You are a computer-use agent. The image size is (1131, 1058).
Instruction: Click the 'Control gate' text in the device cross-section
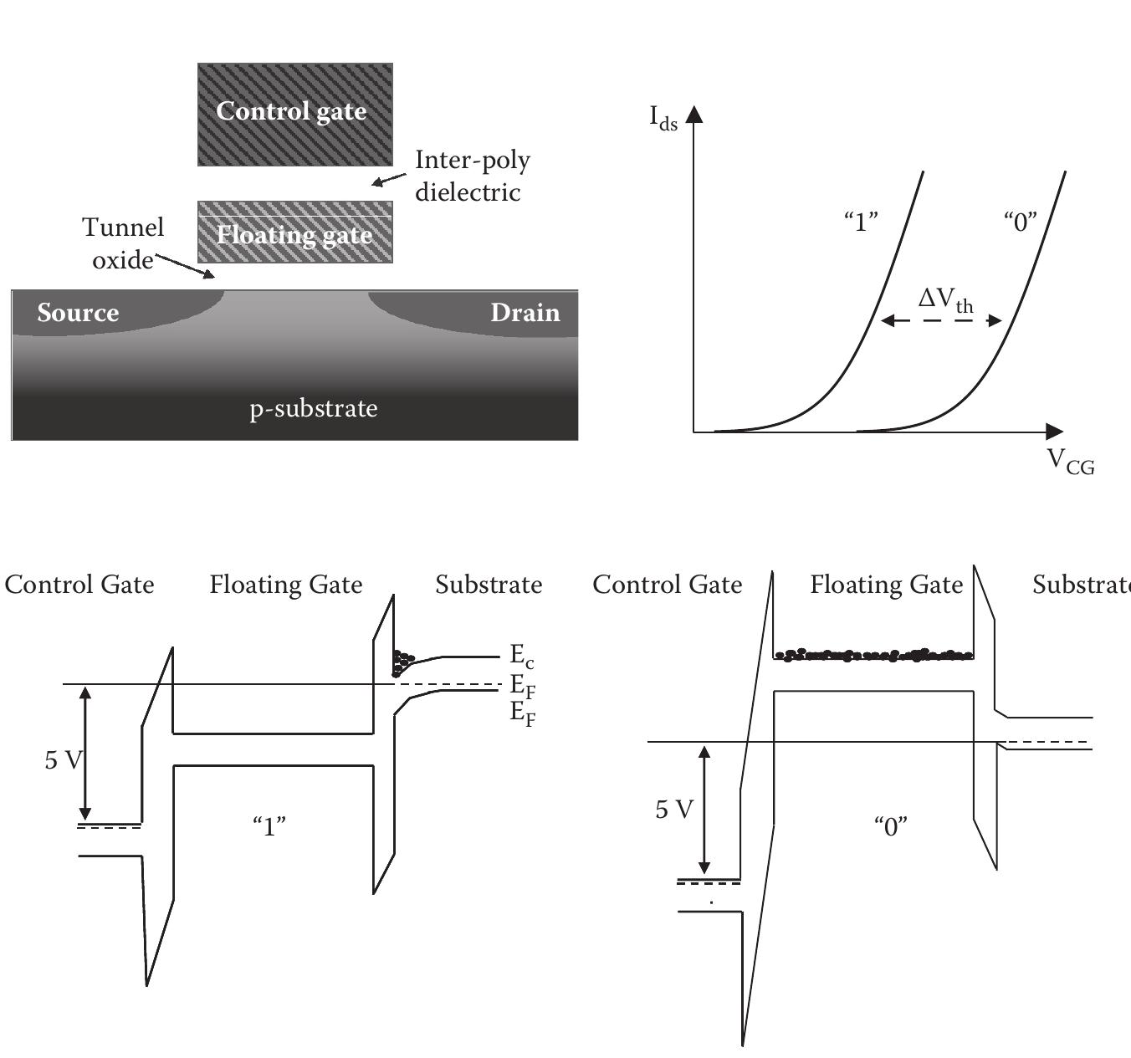pos(291,111)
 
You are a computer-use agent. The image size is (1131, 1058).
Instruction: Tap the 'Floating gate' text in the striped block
pos(294,235)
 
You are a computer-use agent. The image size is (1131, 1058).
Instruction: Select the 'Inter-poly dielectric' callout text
pos(472,176)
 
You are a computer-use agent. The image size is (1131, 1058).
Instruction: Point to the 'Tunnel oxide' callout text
pos(123,243)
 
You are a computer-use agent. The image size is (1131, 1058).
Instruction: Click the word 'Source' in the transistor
pos(78,313)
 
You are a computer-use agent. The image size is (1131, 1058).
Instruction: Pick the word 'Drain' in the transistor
pos(525,313)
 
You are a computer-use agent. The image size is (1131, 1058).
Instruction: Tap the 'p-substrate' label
pos(314,408)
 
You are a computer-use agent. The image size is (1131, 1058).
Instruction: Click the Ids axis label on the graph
pos(663,118)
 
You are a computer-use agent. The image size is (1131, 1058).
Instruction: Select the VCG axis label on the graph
pos(1070,461)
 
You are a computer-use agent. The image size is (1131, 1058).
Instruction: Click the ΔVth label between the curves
pos(945,299)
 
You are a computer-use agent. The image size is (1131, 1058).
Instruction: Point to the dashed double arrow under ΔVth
pos(941,320)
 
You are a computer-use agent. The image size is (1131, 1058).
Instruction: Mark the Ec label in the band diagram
pos(521,655)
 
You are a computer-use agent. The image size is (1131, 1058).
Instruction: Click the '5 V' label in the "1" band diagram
pos(64,759)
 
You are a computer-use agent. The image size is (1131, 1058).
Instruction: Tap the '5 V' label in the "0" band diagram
pos(674,809)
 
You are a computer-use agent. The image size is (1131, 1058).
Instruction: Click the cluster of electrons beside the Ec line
pos(402,662)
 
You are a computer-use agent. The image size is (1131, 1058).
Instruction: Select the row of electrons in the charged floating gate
pos(873,655)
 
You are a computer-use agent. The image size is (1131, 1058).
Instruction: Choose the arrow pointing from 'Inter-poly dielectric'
pos(389,180)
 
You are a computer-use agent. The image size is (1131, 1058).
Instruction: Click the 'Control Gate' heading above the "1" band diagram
pos(79,585)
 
